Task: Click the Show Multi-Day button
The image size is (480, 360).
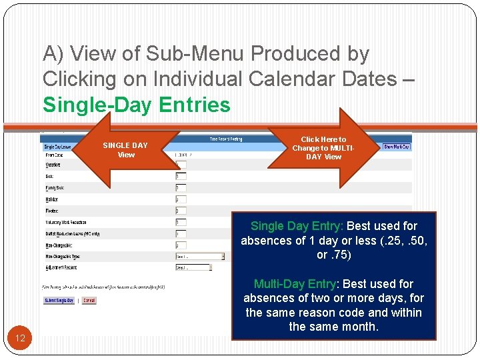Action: pos(397,147)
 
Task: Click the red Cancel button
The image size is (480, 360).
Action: pos(89,301)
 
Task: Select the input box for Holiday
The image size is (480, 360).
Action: pos(180,199)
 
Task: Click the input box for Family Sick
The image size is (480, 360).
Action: pos(180,188)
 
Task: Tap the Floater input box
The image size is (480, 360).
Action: pos(180,211)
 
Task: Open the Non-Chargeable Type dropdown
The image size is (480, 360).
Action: pos(199,256)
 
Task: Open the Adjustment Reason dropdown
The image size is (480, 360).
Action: pos(193,268)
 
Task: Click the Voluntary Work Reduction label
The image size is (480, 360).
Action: pos(65,223)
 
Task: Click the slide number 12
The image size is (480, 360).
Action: pos(20,338)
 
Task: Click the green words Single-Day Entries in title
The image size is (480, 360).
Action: pos(137,105)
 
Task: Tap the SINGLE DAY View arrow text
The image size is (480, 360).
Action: pos(125,150)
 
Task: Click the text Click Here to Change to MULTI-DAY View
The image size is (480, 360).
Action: pos(323,148)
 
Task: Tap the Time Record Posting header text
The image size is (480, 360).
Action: pos(227,139)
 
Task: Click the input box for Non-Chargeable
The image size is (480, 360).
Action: pos(180,245)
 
